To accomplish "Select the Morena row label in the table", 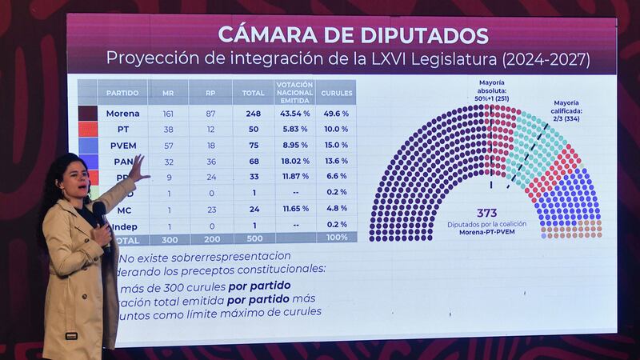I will [x=122, y=114].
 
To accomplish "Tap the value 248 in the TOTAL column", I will [x=254, y=114].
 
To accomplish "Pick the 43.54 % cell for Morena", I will [x=294, y=114].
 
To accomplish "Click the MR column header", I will [x=168, y=93].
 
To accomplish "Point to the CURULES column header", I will [x=335, y=93].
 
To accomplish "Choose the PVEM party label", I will [x=122, y=145].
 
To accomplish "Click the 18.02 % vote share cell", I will [x=294, y=161].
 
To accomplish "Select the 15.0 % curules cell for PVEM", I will [x=335, y=145].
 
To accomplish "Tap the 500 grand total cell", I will [x=254, y=239].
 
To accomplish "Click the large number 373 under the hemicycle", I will [x=486, y=213].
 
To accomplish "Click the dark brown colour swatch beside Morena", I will [x=87, y=114].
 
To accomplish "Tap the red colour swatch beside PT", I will [x=87, y=130].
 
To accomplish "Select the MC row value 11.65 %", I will [x=294, y=208].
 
